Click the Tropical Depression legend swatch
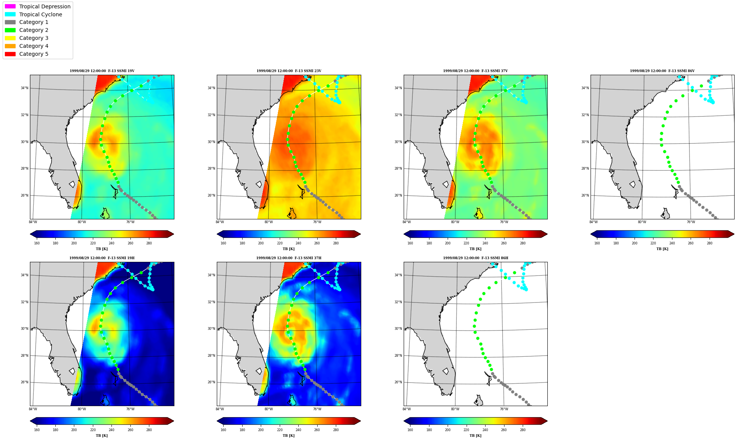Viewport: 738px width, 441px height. click(10, 6)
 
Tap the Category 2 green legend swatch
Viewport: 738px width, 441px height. click(10, 30)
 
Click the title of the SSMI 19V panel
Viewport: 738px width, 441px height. click(102, 71)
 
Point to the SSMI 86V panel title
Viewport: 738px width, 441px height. click(662, 71)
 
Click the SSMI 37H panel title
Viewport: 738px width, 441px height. click(289, 258)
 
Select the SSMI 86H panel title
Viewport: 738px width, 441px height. click(476, 258)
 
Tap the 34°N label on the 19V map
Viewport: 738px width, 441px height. click(25, 88)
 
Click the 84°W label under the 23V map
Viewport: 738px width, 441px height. click(220, 222)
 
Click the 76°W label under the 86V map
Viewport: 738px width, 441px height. click(691, 222)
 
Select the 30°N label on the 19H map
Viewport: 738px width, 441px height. click(25, 329)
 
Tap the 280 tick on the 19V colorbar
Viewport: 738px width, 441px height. click(149, 243)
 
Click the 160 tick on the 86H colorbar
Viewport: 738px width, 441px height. click(410, 430)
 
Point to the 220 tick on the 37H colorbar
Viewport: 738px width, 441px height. click(279, 430)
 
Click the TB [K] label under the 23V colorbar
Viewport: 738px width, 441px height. click(289, 249)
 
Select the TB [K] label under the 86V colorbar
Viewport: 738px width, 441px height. click(662, 249)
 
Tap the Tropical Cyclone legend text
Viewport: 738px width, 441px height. click(41, 14)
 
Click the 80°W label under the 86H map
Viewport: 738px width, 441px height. click(455, 409)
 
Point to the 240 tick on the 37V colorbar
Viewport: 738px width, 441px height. click(485, 243)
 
